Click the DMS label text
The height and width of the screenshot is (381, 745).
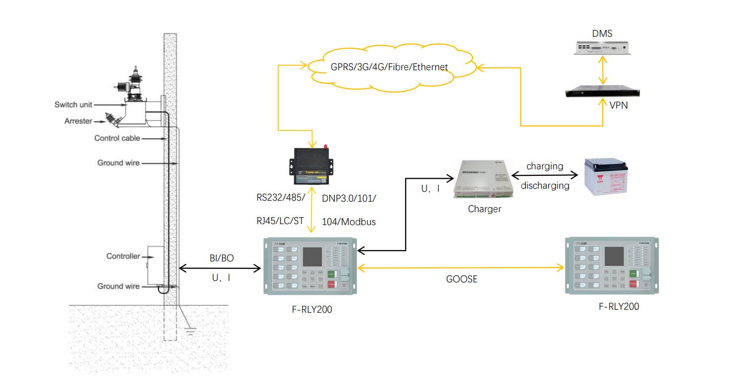coord(602,34)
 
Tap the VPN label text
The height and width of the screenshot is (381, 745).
coord(619,105)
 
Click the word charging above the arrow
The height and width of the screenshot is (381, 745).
coord(544,166)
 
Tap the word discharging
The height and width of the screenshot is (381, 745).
coord(545,185)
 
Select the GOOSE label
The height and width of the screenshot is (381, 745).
coord(461,279)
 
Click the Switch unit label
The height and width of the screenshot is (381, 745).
coord(73,105)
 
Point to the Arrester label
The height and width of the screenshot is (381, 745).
coord(78,121)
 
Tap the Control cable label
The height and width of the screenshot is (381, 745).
coord(117,138)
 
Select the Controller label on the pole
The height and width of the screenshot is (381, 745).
coord(123,256)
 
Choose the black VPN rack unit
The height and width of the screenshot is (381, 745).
coord(603,93)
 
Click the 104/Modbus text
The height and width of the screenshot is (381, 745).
coord(349,222)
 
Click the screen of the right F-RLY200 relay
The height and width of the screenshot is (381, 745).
coord(614,256)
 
